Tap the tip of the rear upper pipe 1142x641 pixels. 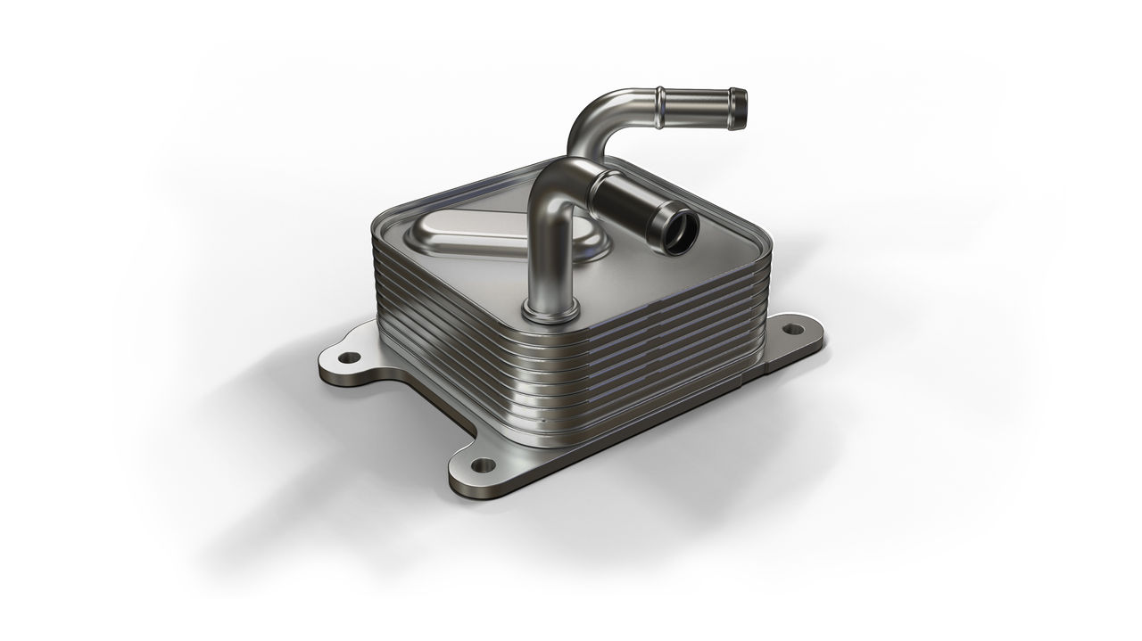(740, 108)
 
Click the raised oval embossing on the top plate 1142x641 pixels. (464, 234)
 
